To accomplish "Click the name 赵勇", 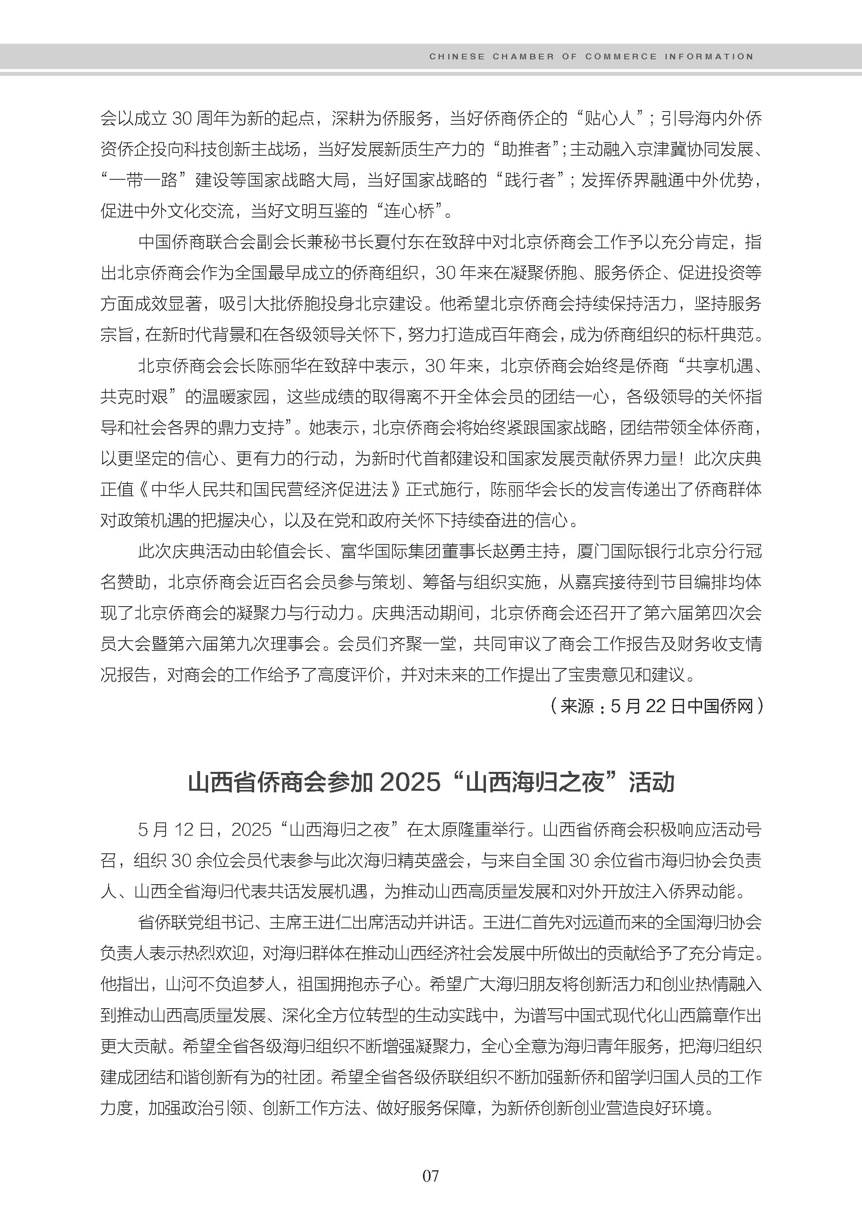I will click(x=507, y=551).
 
